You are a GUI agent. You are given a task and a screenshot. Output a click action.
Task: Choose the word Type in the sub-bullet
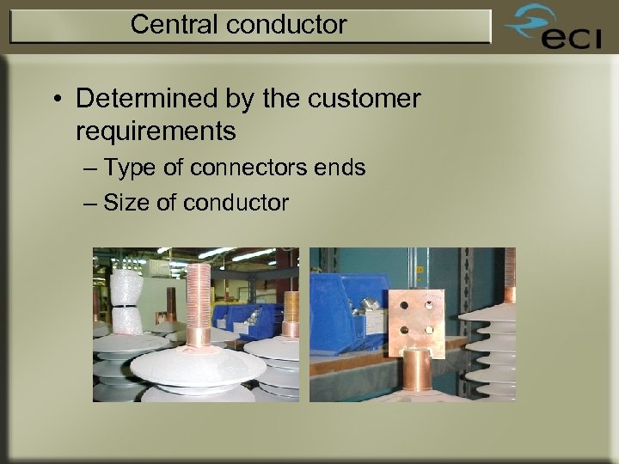click(x=130, y=168)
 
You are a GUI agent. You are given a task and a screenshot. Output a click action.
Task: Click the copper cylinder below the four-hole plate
click(x=417, y=374)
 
